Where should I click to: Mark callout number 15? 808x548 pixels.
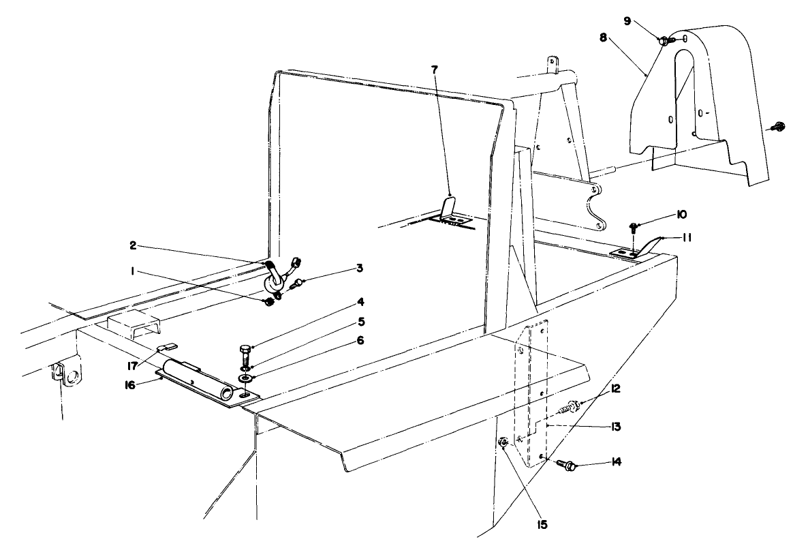pyautogui.click(x=544, y=526)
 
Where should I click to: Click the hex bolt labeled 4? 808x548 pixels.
pyautogui.click(x=245, y=355)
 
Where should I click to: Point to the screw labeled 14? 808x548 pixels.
pyautogui.click(x=567, y=466)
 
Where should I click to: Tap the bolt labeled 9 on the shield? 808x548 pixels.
pyautogui.click(x=664, y=41)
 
